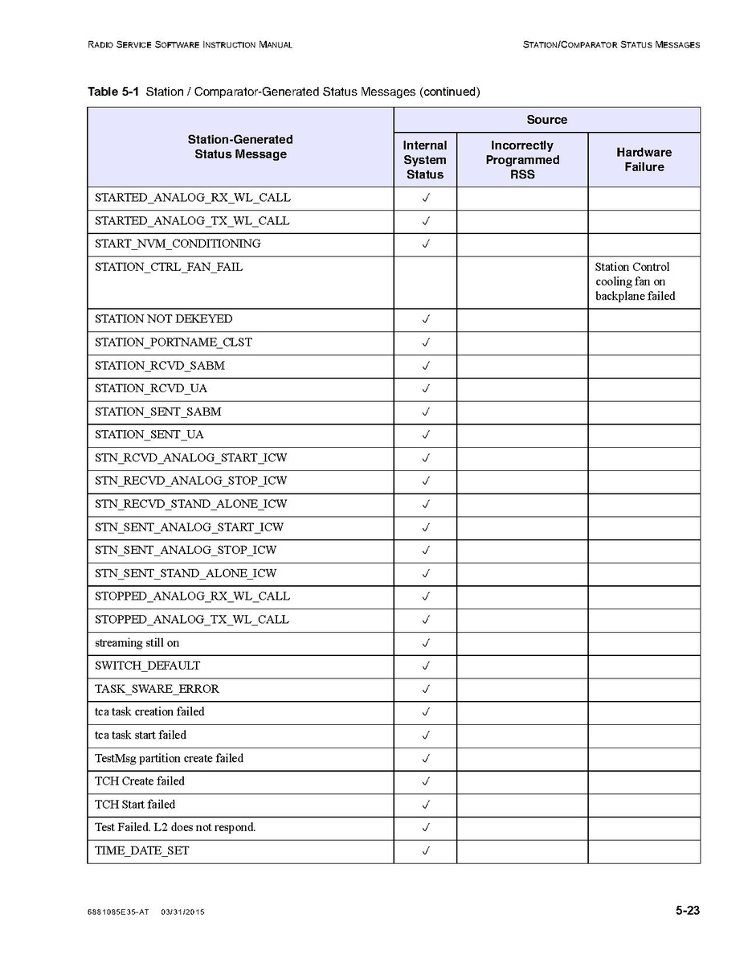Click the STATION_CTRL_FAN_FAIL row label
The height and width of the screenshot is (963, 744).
(169, 267)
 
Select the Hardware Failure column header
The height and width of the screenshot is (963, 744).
(644, 160)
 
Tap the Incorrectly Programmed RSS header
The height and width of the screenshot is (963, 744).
(522, 160)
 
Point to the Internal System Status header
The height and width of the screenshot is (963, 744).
(425, 160)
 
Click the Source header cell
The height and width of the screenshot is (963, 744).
(546, 120)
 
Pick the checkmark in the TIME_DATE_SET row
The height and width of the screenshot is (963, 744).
(426, 850)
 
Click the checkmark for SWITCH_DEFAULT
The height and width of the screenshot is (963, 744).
(426, 666)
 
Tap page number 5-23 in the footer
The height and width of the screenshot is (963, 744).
(687, 911)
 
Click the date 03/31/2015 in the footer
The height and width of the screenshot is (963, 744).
(182, 912)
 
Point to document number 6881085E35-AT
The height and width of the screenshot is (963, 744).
(117, 912)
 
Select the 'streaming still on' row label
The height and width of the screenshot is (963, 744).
(137, 643)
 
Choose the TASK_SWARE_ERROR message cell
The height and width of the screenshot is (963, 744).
(157, 689)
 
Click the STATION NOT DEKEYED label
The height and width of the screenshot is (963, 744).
(164, 319)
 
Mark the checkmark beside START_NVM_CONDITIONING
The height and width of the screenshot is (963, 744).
(426, 244)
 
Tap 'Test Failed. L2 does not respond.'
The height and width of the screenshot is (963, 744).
(175, 827)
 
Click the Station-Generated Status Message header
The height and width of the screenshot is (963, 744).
(240, 147)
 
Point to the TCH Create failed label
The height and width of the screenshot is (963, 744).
(140, 781)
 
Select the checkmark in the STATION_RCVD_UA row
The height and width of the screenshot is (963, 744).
(426, 388)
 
